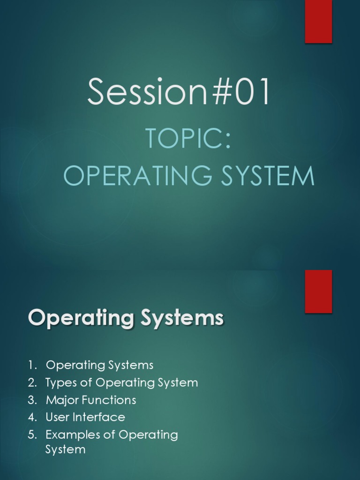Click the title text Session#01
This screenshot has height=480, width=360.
[179, 92]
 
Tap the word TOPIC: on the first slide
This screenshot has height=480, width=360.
[188, 139]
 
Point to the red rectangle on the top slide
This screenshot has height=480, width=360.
[318, 21]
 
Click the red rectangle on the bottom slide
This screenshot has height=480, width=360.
[318, 291]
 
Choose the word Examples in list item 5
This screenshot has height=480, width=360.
[67, 435]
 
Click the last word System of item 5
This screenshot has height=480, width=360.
[65, 450]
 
